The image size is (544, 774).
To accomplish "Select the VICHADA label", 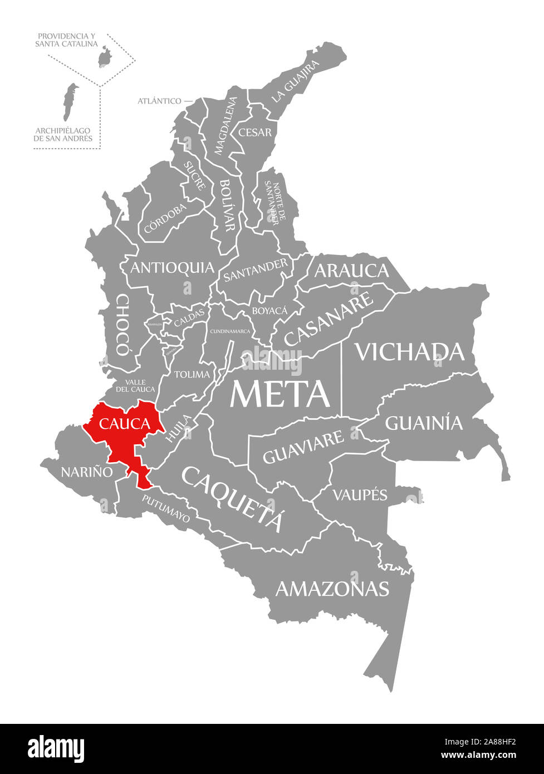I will pos(409,351).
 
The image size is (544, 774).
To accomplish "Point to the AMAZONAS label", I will pos(332,588).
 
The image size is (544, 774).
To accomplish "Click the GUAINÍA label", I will pos(424,423).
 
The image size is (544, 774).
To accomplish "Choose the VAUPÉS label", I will pos(360,494).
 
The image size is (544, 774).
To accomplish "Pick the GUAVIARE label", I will pos(303,447).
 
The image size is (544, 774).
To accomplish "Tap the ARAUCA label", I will pos(351,271).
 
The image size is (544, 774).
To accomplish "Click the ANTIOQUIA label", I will pos(172,268).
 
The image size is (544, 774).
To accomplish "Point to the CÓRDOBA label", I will pos(165,219).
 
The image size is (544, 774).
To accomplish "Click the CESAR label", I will pos(255,133).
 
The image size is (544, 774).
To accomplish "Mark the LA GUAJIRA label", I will pos(296,81).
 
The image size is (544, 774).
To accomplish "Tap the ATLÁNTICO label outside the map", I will pos(159,101).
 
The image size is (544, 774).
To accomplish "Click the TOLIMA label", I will pos(192,374).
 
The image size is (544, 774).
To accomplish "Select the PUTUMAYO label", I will pos(165,508).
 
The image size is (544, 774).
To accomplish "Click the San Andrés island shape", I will pos(69,102).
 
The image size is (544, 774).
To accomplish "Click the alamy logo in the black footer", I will pos(56,747).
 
